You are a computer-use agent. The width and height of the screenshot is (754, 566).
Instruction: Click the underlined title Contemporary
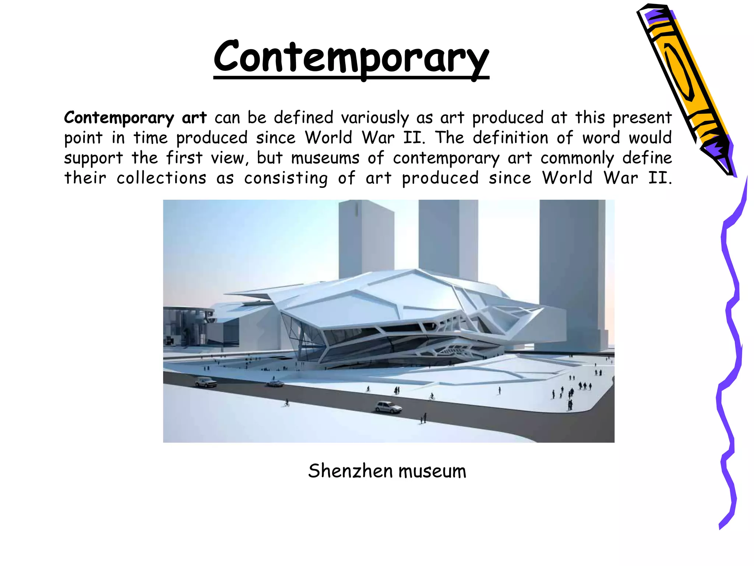[351, 59]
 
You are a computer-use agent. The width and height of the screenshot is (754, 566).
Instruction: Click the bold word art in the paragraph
[194, 118]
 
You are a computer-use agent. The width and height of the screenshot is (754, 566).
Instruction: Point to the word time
[150, 138]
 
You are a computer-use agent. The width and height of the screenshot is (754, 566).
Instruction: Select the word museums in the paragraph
[325, 158]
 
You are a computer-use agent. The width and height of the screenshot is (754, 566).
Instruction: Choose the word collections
[161, 178]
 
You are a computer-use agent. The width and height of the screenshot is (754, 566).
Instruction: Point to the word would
[650, 138]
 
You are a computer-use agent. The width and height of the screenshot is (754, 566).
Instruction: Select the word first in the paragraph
[184, 158]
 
